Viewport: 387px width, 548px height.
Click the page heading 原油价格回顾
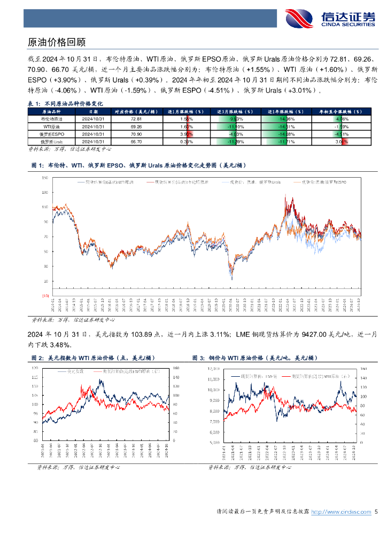click(x=56, y=42)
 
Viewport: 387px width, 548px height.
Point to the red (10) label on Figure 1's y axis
click(x=45, y=295)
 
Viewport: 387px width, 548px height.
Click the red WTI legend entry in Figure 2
click(x=126, y=370)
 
